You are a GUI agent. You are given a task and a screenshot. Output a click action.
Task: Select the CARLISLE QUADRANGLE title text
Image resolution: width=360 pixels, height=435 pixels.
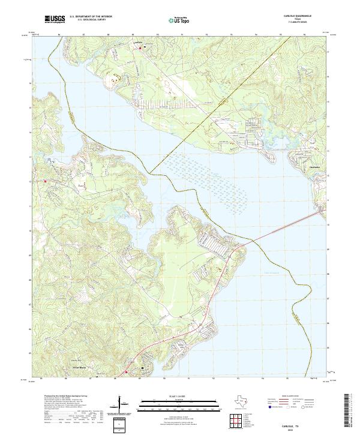298,16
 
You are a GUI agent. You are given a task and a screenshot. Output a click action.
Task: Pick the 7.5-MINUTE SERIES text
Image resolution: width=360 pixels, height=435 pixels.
298,23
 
